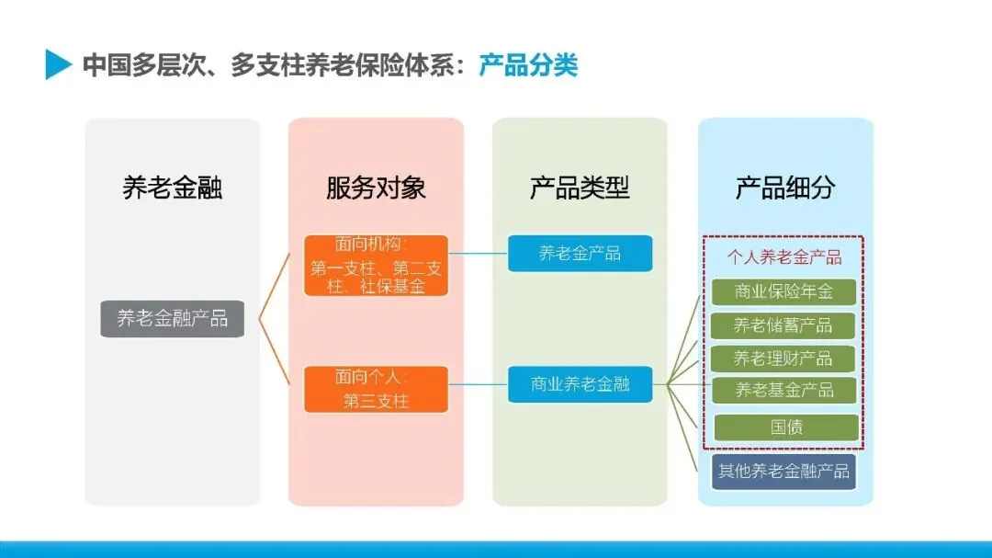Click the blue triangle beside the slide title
[x=57, y=64]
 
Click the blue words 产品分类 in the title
[x=528, y=65]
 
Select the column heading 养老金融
[x=173, y=188]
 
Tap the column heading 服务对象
[x=376, y=188]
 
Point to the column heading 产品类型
[x=580, y=188]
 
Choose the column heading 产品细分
[x=785, y=188]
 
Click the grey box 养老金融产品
[x=172, y=319]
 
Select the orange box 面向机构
[x=376, y=266]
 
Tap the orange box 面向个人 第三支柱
[x=376, y=389]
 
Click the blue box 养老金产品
[x=580, y=254]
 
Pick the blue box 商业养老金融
[x=580, y=384]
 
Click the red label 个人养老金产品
[x=784, y=257]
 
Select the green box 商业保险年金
[x=783, y=292]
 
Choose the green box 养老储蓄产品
[x=783, y=325]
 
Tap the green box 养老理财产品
[x=783, y=358]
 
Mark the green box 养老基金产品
[x=783, y=390]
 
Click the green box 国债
[x=786, y=427]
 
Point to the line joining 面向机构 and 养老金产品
[x=478, y=254]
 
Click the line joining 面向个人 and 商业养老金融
[x=478, y=384]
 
